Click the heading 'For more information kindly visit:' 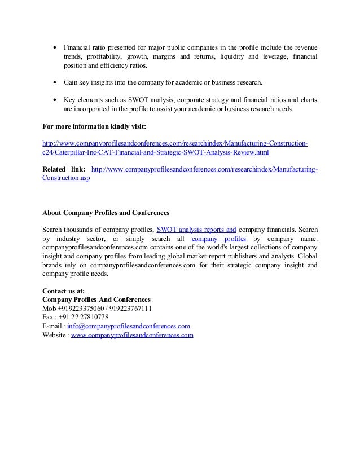point(94,126)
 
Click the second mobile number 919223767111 point(129,309)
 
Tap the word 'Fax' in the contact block point(48,318)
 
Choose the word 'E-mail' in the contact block point(52,326)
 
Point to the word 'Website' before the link point(54,335)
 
